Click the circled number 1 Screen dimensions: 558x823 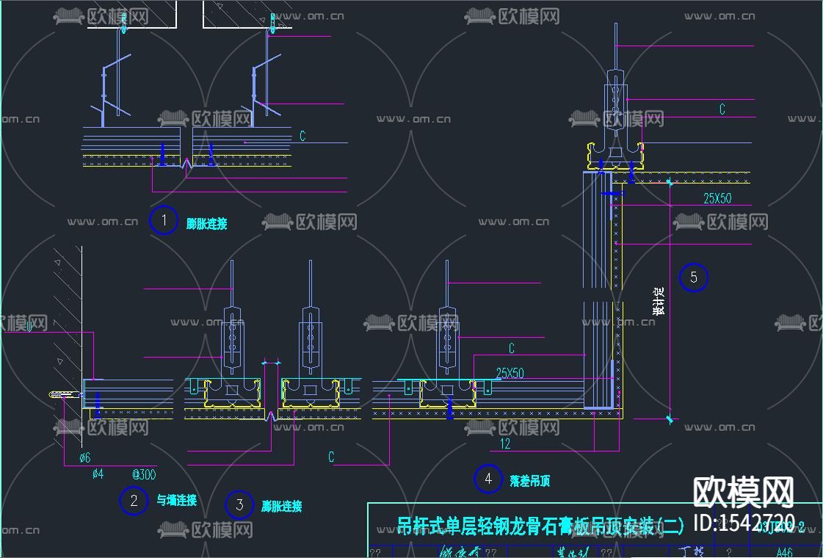point(164,220)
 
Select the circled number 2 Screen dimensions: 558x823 point(134,501)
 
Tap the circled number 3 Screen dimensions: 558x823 point(239,505)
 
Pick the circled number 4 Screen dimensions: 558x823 point(488,479)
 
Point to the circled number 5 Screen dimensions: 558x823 point(693,278)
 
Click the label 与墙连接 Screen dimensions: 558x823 point(176,501)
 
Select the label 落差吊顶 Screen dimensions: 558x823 point(530,482)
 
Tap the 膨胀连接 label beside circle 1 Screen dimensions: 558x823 point(206,224)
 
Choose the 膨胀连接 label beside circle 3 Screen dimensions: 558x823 point(281,506)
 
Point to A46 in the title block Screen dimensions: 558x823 point(784,552)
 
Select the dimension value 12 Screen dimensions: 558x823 point(504,444)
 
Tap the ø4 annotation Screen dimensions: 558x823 point(98,474)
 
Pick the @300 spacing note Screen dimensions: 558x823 point(144,474)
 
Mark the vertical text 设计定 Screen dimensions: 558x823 point(659,301)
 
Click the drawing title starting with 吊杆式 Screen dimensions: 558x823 point(540,526)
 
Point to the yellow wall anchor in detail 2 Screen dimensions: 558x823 point(64,395)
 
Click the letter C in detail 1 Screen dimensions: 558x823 point(302,137)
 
